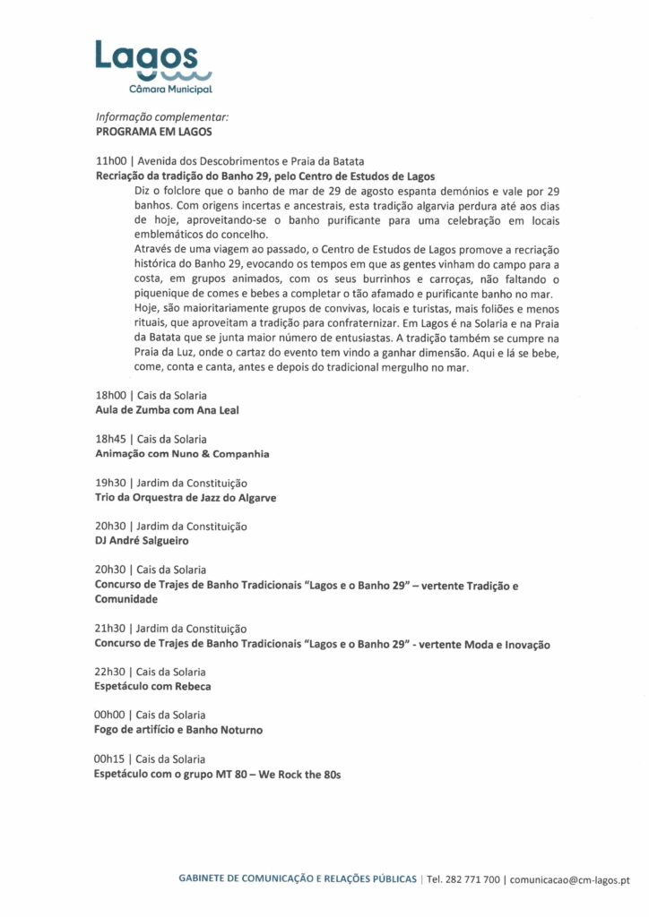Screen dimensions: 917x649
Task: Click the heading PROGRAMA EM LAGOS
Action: click(153, 131)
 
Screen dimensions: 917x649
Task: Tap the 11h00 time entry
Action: click(110, 161)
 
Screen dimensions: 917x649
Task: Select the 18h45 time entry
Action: click(110, 439)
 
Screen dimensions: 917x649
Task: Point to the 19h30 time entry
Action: click(110, 483)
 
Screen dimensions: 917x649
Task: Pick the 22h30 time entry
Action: click(110, 672)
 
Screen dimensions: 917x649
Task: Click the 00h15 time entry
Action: click(110, 758)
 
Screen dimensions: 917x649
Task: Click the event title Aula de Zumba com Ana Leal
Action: click(167, 410)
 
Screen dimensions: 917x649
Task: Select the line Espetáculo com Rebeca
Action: click(152, 687)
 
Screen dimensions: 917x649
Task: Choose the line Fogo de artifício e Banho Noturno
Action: click(178, 730)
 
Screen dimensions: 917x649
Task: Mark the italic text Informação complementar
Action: click(162, 116)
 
